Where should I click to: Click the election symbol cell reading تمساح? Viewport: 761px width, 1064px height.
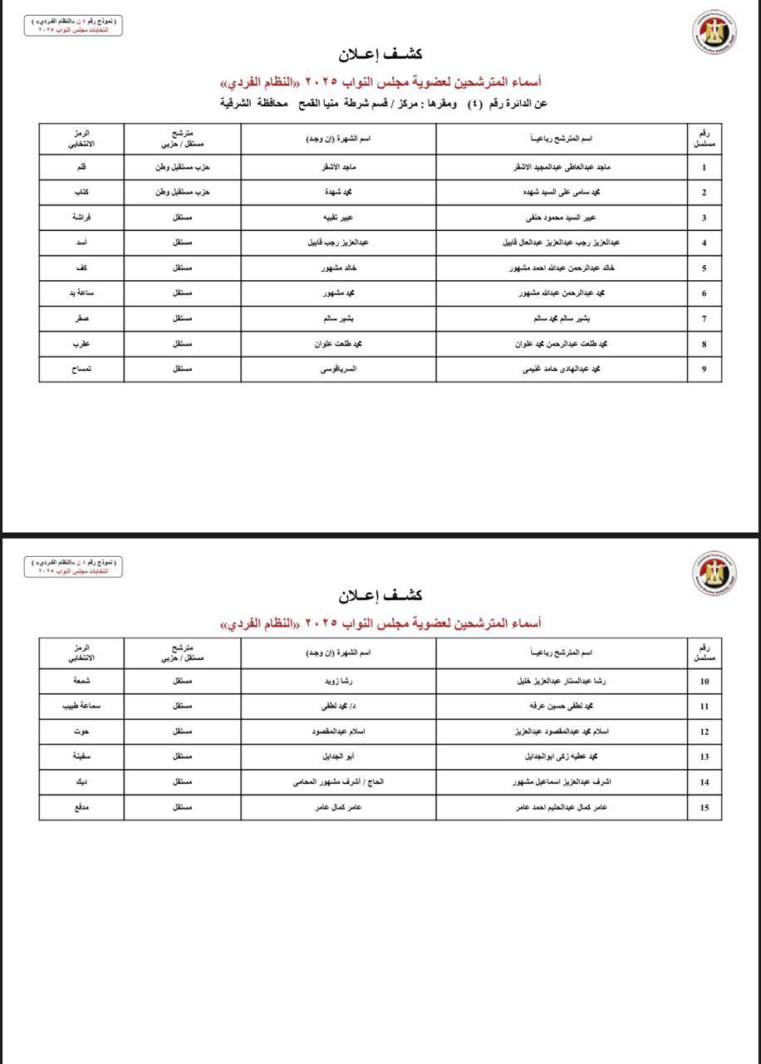(81, 369)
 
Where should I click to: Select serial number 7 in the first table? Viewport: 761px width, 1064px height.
(705, 319)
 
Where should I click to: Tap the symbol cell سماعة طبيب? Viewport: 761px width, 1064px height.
(81, 707)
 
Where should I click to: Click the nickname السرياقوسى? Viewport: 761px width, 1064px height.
(339, 369)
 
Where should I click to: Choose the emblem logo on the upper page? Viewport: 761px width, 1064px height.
(714, 32)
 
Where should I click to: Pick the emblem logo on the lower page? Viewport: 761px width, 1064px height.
(714, 573)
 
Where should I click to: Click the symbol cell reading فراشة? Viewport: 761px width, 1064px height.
(81, 218)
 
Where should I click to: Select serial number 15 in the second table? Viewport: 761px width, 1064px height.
(705, 807)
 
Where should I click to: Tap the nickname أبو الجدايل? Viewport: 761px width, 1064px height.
(339, 757)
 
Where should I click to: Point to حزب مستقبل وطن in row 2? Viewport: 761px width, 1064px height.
(183, 193)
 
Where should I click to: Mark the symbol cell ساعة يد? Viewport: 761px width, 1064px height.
(81, 293)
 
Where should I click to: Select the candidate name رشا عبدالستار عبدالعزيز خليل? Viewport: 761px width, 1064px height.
(562, 682)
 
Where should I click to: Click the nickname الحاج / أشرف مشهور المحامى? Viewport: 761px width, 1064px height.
(338, 782)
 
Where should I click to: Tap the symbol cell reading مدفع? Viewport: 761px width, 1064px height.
(81, 807)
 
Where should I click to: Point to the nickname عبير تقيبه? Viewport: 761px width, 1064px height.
(339, 218)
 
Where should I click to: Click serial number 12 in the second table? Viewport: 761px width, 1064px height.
(705, 732)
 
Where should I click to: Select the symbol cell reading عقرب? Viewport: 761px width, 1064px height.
(81, 344)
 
